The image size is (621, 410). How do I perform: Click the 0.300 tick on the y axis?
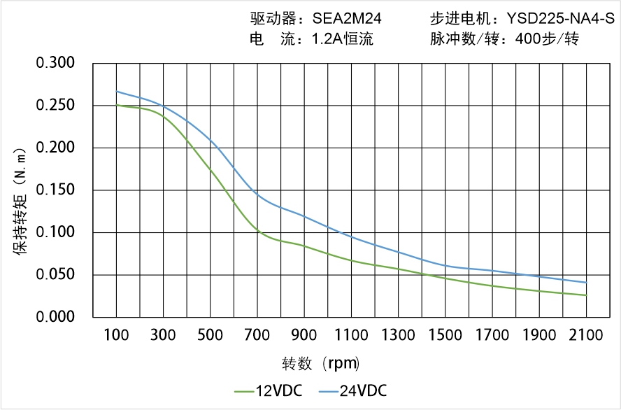pos(55,64)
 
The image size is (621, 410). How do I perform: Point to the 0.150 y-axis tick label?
pos(55,190)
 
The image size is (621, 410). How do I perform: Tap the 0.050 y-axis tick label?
pos(55,275)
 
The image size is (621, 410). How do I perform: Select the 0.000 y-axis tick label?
pos(55,317)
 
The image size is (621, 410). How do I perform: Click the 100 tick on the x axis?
pos(116,335)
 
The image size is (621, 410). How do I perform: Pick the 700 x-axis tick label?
pos(257,335)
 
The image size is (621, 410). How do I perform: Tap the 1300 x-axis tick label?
pos(398,335)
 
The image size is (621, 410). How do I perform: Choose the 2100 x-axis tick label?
pos(586,335)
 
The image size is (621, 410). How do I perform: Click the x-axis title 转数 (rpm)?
pos(321,364)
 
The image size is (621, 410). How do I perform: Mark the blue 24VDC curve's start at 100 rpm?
pos(116,91)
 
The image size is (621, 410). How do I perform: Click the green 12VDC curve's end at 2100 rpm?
pos(586,295)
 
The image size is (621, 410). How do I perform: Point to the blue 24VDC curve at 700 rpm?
pos(257,195)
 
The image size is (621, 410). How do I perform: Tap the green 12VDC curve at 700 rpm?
pos(257,231)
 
